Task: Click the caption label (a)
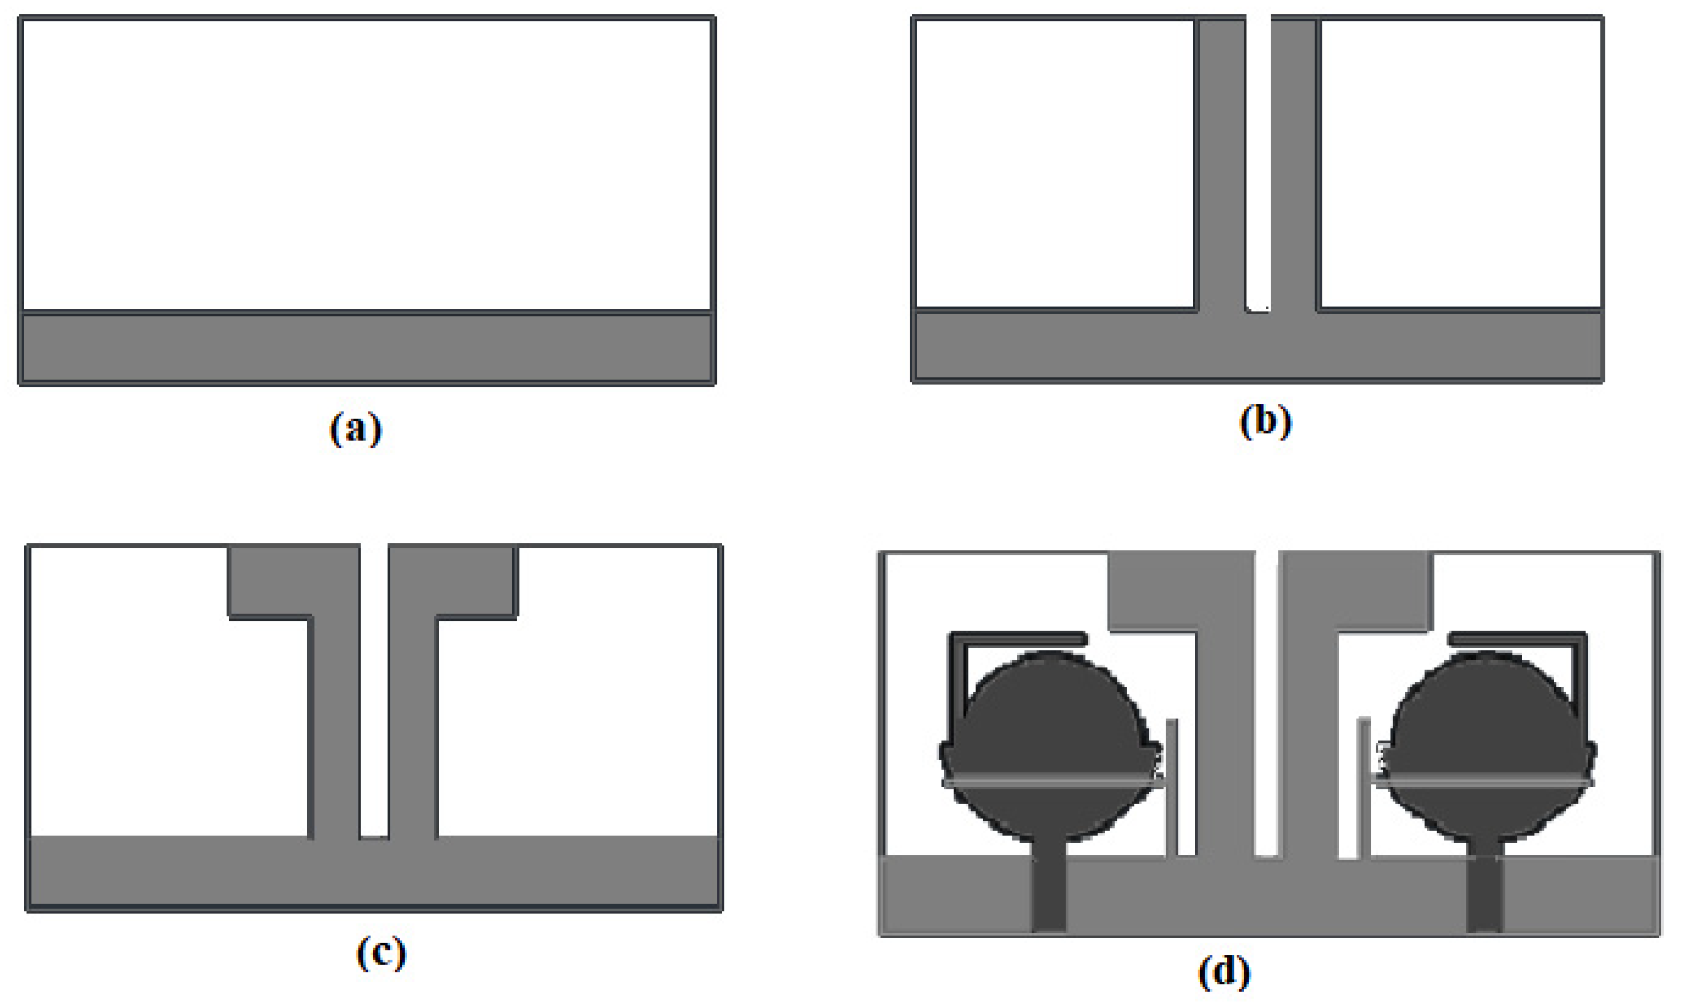(x=356, y=430)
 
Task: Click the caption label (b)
(x=1264, y=423)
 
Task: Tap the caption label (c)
(x=381, y=954)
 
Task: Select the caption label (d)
(x=1223, y=973)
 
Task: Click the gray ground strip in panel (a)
(x=367, y=348)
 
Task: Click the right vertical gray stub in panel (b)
(x=1294, y=163)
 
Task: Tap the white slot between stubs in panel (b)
(x=1258, y=163)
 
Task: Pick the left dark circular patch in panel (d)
(x=1050, y=740)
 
